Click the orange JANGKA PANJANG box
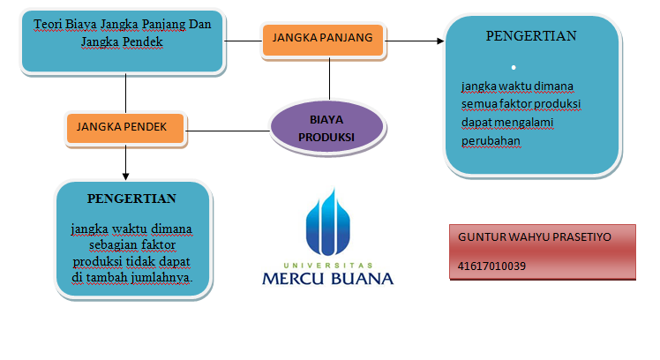point(323,40)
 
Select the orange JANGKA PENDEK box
point(125,129)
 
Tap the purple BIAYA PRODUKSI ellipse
point(327,127)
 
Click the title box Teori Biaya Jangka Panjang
point(122,41)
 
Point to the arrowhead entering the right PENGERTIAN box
point(440,41)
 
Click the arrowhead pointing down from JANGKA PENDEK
point(125,176)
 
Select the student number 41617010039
point(491,266)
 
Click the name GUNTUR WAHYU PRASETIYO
point(534,237)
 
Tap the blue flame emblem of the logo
point(328,222)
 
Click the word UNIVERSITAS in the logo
point(328,266)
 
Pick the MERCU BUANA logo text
point(328,279)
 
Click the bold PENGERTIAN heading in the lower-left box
point(131,199)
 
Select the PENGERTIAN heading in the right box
point(531,36)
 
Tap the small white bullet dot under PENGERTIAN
point(514,67)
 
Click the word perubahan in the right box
point(491,141)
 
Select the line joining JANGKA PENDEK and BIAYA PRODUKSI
point(228,131)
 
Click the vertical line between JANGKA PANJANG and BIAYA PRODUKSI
point(330,79)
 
